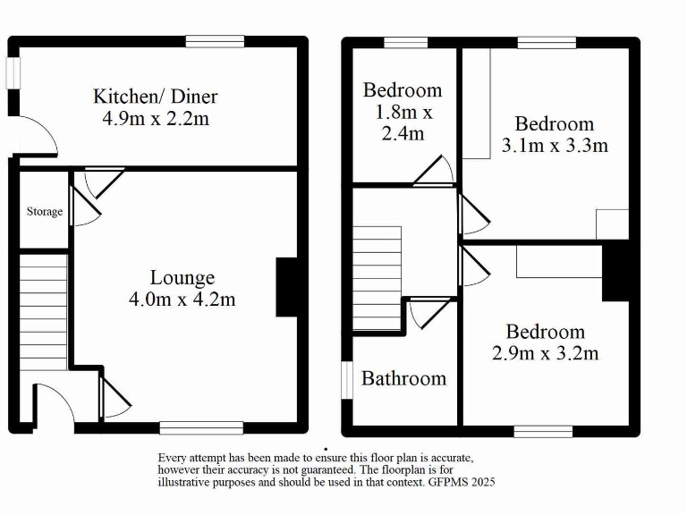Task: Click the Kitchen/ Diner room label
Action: point(157,97)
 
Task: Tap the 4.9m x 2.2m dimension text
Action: point(157,118)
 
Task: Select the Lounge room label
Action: point(182,278)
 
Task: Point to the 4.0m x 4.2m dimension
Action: point(182,300)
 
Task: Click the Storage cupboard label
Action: point(44,212)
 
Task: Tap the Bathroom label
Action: point(403,379)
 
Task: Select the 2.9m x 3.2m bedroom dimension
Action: point(545,352)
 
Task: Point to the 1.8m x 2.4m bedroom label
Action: point(403,112)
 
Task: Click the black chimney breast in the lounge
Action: point(288,287)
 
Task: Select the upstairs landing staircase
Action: point(377,278)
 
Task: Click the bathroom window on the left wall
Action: point(347,380)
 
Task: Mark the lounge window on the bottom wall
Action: point(201,426)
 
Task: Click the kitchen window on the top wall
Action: point(215,41)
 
